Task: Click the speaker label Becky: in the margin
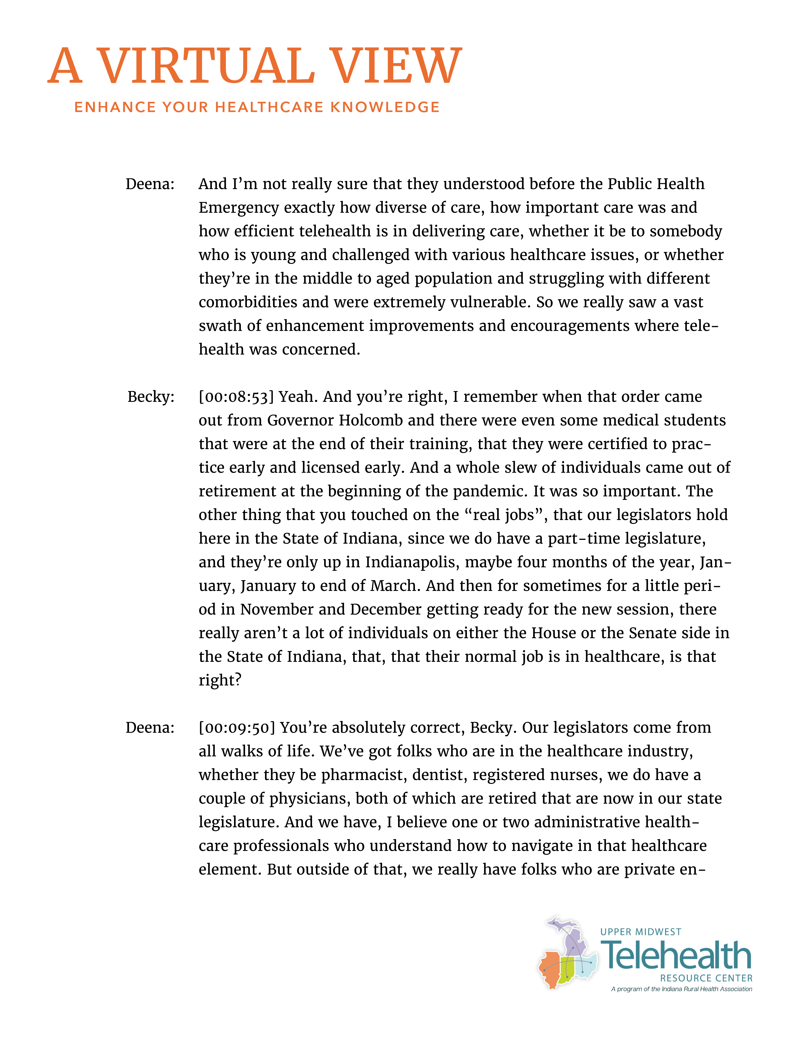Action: tap(151, 397)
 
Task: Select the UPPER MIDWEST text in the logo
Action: tap(641, 932)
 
